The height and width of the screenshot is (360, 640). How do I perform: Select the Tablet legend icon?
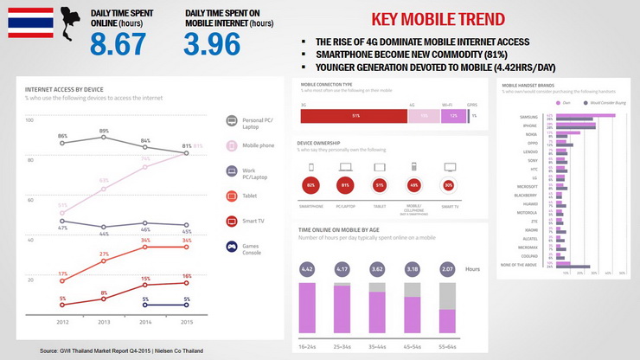(232, 196)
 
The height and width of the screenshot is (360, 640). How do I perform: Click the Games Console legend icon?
(232, 247)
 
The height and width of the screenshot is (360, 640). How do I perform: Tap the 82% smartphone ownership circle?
(310, 185)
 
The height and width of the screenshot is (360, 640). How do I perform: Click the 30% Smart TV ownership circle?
(448, 185)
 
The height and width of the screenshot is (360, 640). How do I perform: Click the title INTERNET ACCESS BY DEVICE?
(64, 88)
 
